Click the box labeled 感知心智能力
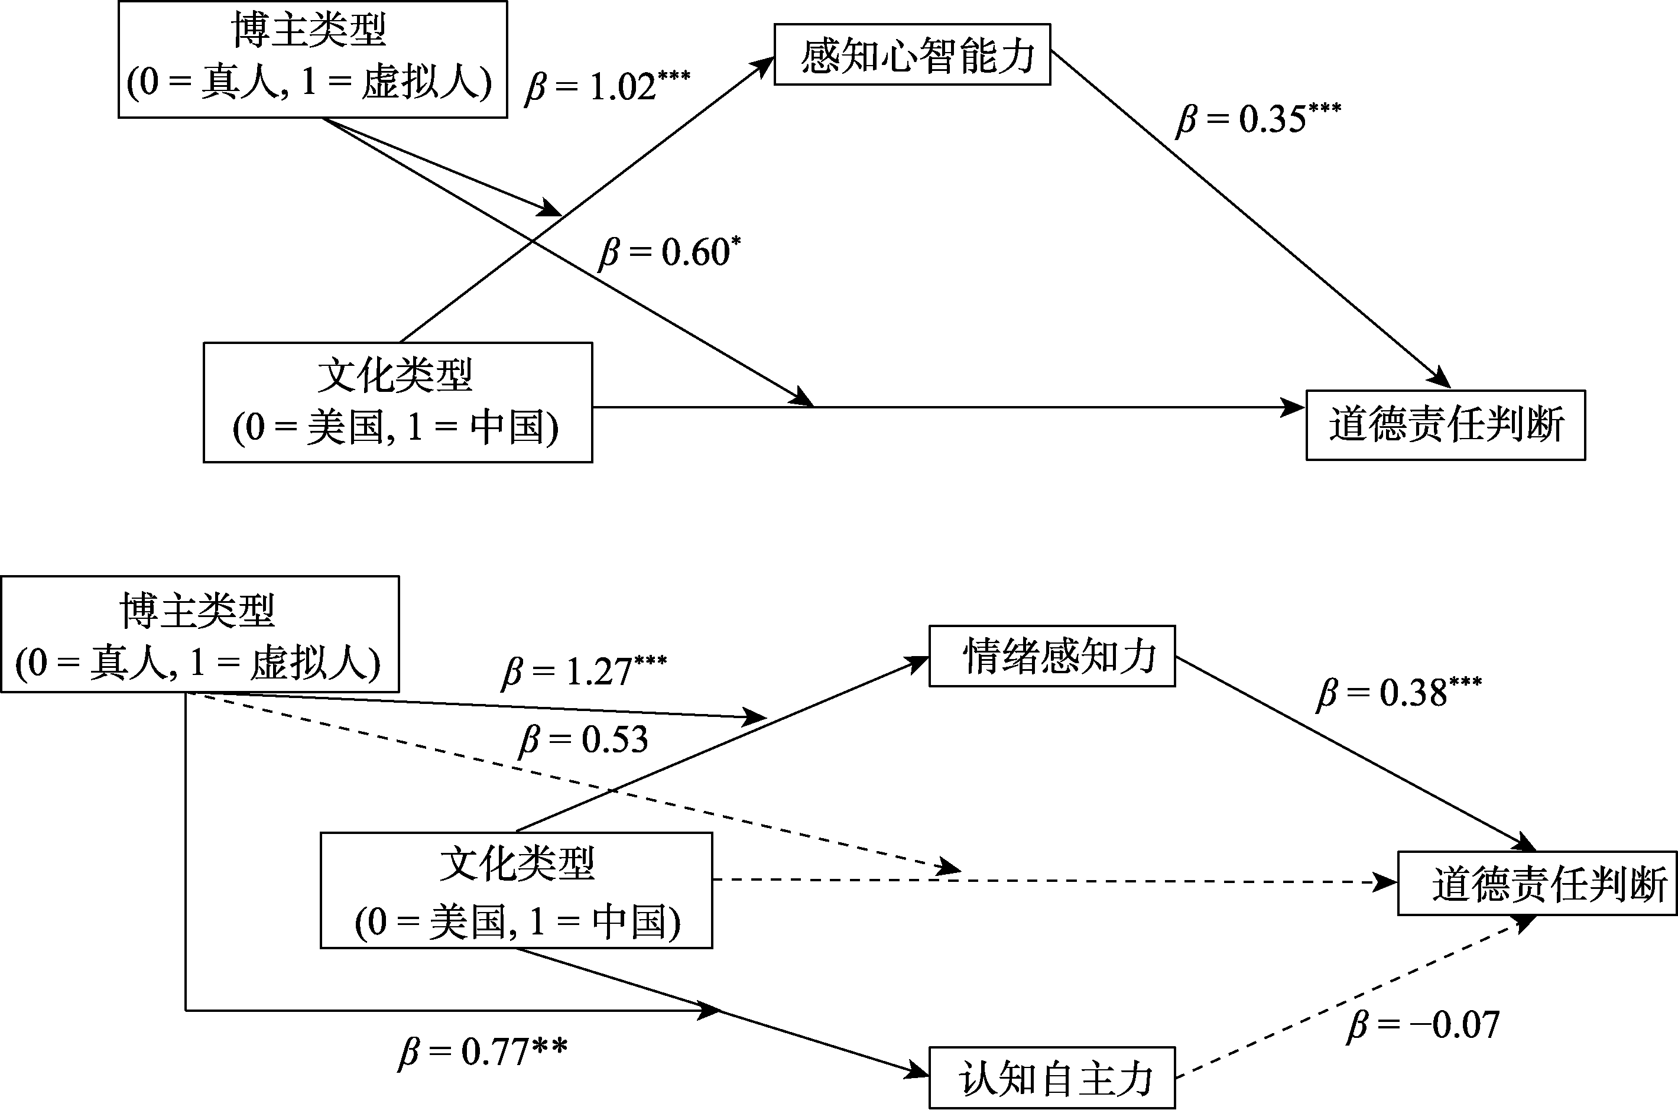coord(911,54)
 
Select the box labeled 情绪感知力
coord(1051,655)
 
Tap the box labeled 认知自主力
coord(1051,1077)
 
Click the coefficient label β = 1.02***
coord(607,86)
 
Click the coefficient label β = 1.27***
coord(584,670)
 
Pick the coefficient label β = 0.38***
coord(1398,692)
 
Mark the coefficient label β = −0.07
coord(1423,1024)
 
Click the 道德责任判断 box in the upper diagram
coord(1445,425)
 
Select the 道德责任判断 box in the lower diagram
coord(1537,884)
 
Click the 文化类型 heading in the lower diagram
coord(517,863)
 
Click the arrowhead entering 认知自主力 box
coord(918,1073)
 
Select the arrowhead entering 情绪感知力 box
coord(918,662)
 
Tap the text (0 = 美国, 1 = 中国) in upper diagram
coord(397,427)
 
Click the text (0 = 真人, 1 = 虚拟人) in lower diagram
coord(198,663)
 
